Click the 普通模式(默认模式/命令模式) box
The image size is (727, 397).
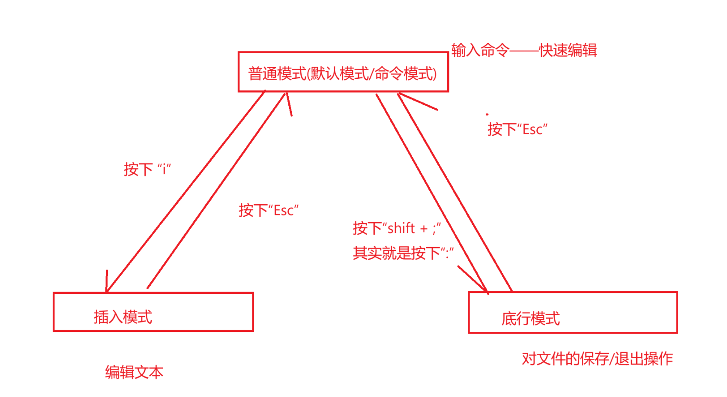pos(343,72)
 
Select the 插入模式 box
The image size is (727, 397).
pos(153,312)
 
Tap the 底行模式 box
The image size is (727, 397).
pos(572,313)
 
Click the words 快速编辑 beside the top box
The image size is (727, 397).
pos(568,51)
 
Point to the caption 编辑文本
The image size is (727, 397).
pos(134,372)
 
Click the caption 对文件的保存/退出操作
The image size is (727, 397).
pos(597,358)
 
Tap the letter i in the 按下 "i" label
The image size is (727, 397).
pos(164,170)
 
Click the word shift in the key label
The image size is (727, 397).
pos(401,228)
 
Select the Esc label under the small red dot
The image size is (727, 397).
pos(533,129)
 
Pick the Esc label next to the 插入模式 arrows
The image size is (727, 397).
pos(284,211)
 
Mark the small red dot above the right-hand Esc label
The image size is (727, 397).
pos(487,114)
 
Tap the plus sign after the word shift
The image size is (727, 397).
pos(424,229)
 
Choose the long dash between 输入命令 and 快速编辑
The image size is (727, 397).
pos(524,51)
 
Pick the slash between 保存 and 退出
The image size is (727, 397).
pos(611,359)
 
